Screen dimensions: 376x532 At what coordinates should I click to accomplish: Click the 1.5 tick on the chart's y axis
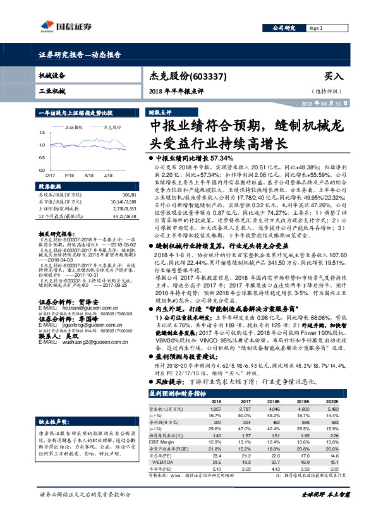coord(42,133)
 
